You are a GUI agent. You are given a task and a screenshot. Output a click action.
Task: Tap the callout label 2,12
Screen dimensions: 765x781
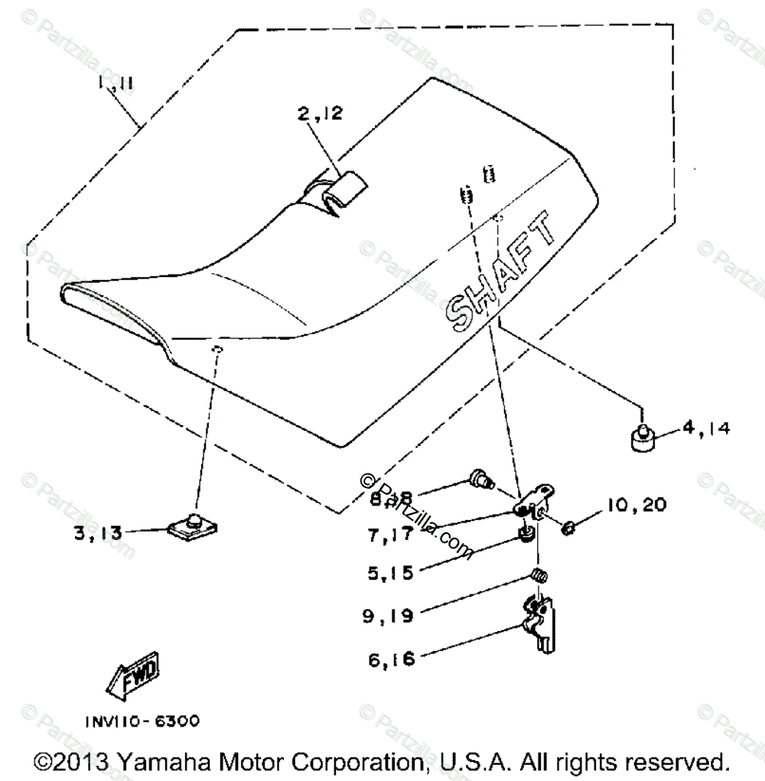click(x=321, y=116)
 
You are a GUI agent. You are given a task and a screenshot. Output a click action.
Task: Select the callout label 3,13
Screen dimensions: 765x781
click(x=98, y=533)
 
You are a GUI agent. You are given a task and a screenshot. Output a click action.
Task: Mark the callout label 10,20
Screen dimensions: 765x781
click(x=636, y=505)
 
